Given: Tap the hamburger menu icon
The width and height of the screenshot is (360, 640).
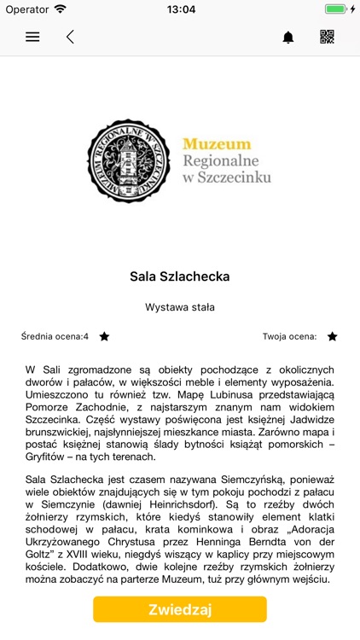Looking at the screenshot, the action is (x=32, y=37).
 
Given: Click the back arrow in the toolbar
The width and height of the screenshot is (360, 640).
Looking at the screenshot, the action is (x=70, y=37).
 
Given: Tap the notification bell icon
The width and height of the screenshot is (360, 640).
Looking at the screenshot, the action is (x=288, y=37).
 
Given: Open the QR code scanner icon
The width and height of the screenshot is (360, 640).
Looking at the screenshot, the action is (x=327, y=37).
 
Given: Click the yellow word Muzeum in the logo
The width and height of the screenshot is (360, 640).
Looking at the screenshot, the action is (x=217, y=144).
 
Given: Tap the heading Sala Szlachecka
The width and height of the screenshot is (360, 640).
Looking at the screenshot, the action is (x=180, y=276).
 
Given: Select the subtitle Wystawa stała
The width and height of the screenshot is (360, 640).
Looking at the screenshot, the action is (x=180, y=307).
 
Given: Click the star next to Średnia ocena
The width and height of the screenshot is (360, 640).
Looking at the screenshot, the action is (x=104, y=337).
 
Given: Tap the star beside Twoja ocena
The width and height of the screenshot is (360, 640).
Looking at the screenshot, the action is (x=332, y=337).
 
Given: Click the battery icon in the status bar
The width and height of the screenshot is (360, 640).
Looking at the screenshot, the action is (x=334, y=9).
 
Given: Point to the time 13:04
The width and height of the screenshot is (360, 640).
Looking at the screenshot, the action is (x=180, y=9).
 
